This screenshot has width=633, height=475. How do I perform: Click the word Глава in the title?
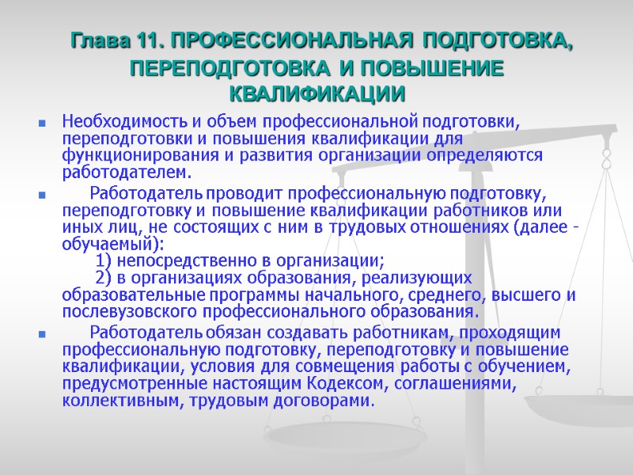tap(96, 40)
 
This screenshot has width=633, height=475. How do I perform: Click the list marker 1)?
tap(104, 261)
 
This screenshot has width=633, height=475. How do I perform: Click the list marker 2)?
tap(104, 278)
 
